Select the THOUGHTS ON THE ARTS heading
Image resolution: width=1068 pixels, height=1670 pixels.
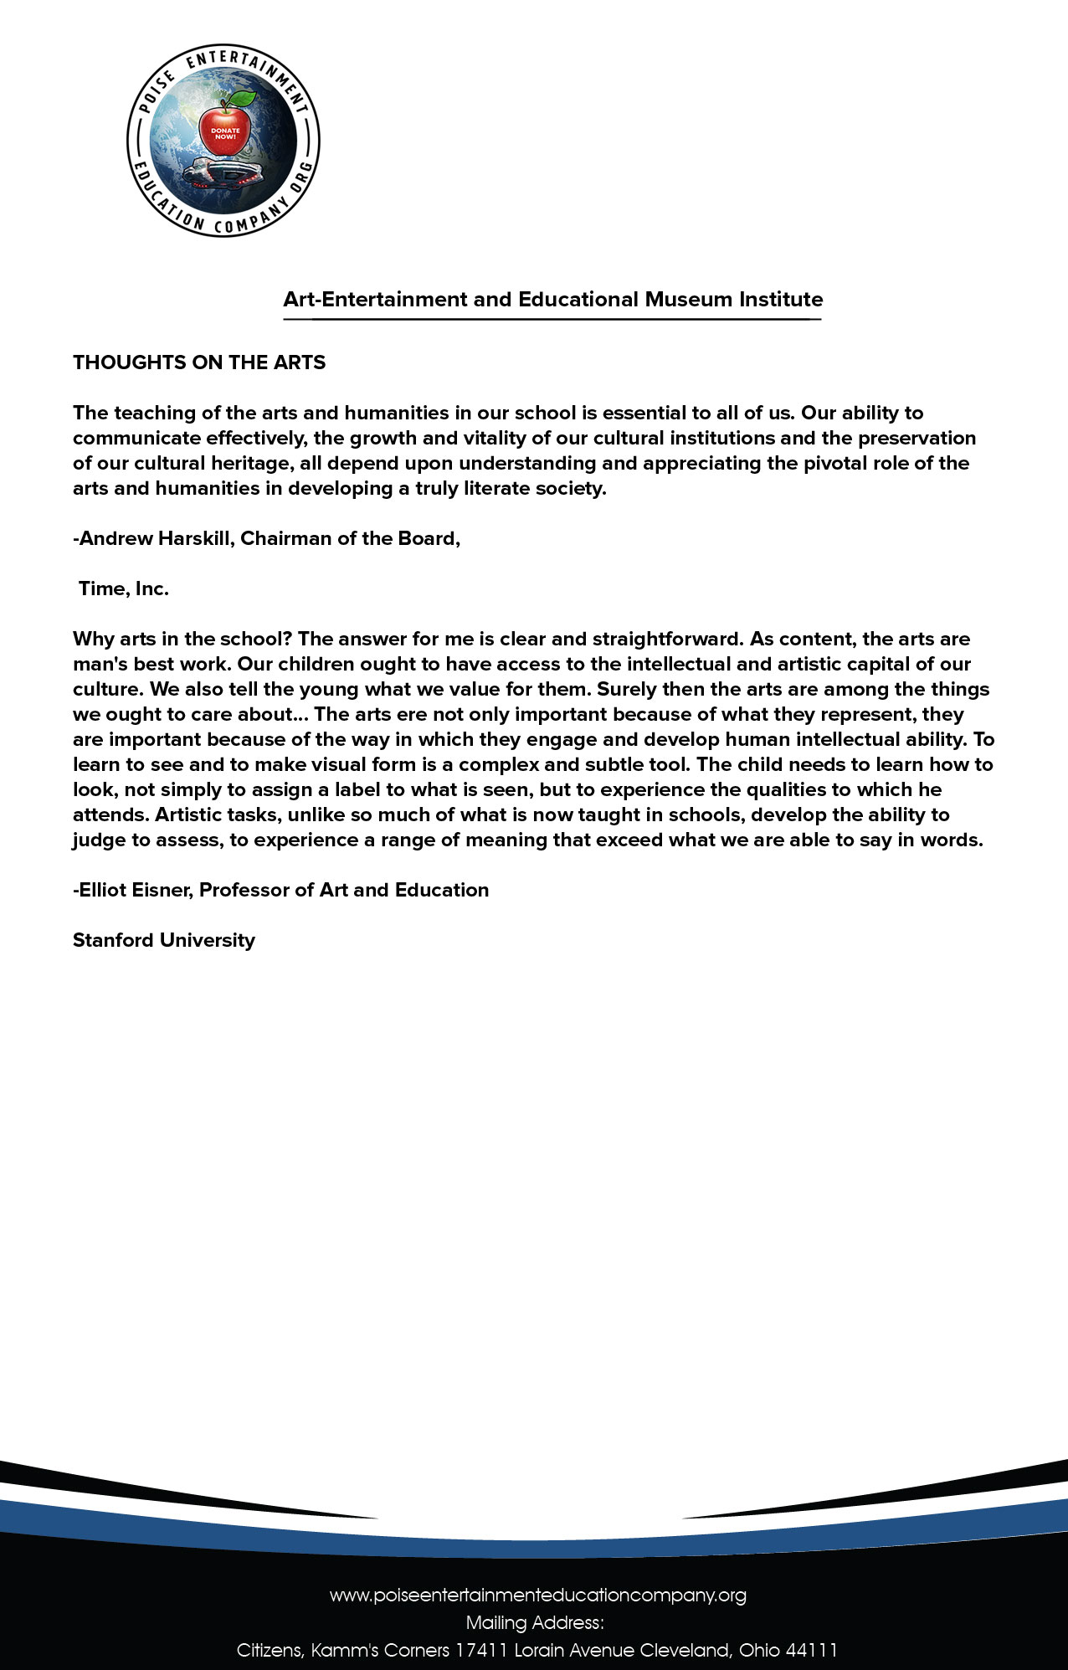199,362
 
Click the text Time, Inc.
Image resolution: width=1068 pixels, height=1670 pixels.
124,588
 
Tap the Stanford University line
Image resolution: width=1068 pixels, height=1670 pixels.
164,940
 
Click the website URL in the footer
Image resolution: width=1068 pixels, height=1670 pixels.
537,1595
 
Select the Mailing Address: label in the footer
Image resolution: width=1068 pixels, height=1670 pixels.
535,1622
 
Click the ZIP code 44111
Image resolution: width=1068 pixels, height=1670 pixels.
812,1650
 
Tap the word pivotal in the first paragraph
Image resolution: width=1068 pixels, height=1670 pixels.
837,463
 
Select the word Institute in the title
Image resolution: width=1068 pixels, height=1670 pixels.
780,300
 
